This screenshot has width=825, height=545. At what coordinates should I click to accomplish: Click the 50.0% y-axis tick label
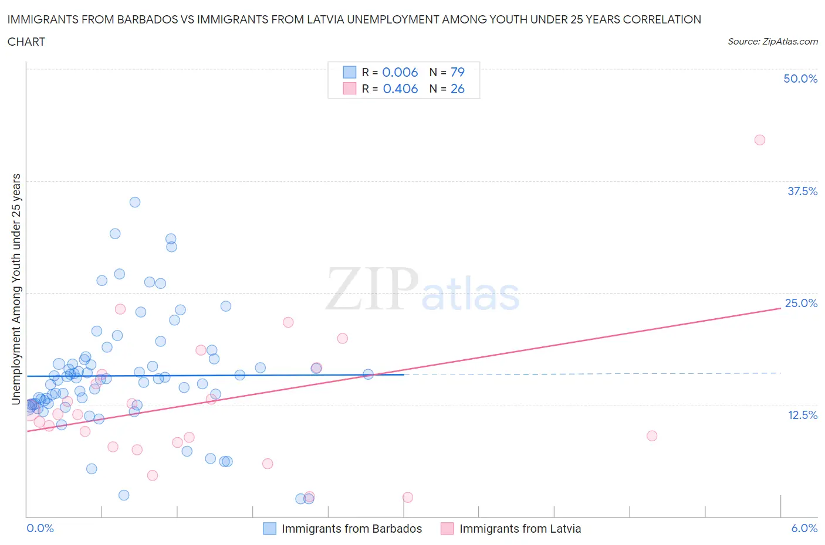tap(800, 79)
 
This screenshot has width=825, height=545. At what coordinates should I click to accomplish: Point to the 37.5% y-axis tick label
tap(802, 191)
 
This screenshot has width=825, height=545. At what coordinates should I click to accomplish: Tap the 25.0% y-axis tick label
tap(801, 303)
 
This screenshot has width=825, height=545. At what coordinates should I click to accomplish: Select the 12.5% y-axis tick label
tap(802, 415)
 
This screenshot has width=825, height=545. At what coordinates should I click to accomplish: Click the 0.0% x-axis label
tap(40, 528)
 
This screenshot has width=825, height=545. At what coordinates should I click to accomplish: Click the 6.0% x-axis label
tap(804, 528)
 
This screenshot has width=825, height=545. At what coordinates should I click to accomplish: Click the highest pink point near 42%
tap(759, 140)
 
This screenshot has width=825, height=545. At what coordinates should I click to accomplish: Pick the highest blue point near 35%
tap(135, 202)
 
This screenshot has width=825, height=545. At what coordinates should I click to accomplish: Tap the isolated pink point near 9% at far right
tap(651, 436)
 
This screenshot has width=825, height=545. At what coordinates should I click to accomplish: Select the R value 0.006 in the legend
tap(400, 72)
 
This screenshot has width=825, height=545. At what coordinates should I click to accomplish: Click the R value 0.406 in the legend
tap(400, 88)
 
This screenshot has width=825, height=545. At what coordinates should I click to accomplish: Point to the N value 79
tap(457, 72)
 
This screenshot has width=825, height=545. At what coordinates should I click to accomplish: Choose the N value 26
tap(457, 88)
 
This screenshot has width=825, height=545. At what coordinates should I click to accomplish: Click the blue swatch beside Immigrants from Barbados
tap(269, 529)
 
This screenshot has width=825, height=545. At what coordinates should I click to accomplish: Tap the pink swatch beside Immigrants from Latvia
tap(447, 529)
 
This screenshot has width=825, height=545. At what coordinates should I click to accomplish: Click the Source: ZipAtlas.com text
tap(772, 41)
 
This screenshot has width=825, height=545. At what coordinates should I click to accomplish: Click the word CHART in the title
tap(26, 42)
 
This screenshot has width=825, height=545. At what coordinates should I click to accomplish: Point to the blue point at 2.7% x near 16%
tap(368, 374)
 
